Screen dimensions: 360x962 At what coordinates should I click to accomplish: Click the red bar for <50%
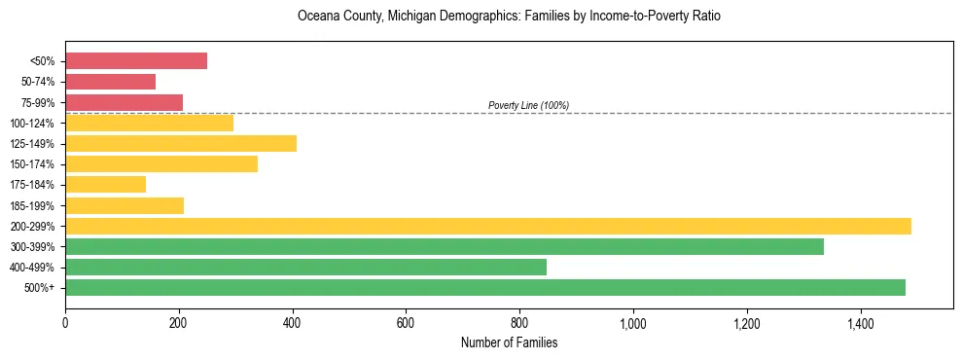coord(136,61)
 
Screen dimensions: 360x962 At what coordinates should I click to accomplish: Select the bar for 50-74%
coord(110,82)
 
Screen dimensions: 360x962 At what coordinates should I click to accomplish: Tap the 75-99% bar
coord(124,102)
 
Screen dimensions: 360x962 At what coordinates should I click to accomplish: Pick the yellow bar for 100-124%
coord(149,123)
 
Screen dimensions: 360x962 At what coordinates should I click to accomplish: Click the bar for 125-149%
coord(181,144)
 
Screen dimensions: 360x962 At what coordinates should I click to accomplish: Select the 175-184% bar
coord(105,185)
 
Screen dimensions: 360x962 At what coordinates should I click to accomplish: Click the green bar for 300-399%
coord(445,246)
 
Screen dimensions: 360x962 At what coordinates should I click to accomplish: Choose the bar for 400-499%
coord(305,268)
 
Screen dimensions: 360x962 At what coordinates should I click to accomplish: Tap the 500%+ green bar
coord(485,288)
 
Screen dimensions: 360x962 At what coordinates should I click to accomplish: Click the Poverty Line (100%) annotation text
coord(528,105)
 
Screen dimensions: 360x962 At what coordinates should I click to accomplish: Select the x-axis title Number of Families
coord(509,343)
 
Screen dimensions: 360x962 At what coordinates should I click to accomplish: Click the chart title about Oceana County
coord(509,17)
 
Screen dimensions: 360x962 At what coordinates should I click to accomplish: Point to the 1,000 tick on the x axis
coord(633,322)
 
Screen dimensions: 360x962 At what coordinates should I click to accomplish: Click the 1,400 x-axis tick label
coord(860,322)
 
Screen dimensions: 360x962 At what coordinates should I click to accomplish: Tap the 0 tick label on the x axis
coord(65,322)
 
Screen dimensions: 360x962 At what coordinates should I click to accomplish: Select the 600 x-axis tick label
coord(406,322)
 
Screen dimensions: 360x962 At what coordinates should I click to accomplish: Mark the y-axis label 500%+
coord(40,288)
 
